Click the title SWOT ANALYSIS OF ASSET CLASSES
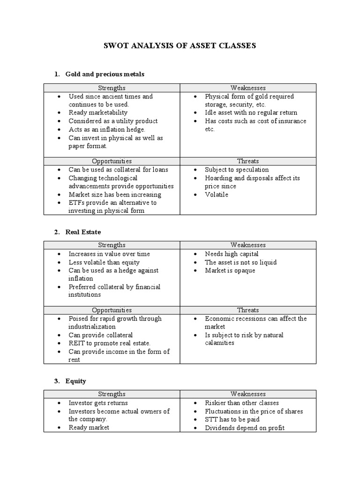(x=180, y=46)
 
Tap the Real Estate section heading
(x=83, y=232)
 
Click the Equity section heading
(x=75, y=381)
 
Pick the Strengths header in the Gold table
(x=112, y=88)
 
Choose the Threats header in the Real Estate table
(x=248, y=310)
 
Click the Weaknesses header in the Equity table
(x=248, y=394)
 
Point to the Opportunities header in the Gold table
(x=112, y=161)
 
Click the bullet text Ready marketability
(x=98, y=112)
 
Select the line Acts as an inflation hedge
(x=107, y=129)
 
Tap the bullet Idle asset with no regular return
(x=251, y=112)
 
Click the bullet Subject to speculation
(x=237, y=170)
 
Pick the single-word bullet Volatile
(x=217, y=195)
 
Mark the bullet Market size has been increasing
(x=115, y=195)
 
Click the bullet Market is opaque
(x=230, y=270)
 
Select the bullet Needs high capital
(x=232, y=254)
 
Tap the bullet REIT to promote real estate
(x=109, y=343)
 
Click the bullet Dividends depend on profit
(x=244, y=428)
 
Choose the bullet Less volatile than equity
(x=104, y=262)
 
